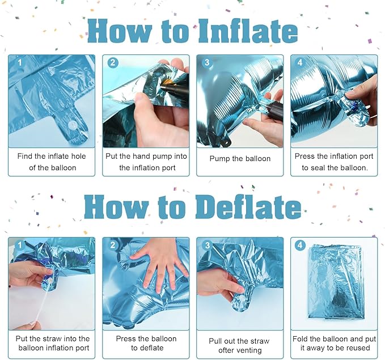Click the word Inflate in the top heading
click(248, 31)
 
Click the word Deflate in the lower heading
click(248, 207)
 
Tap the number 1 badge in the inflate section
click(19, 62)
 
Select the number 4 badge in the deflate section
click(300, 245)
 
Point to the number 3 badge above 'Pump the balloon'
click(207, 62)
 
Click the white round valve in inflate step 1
click(73, 125)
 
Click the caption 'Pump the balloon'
click(240, 159)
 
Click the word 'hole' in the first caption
click(78, 156)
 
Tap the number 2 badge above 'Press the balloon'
click(113, 245)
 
